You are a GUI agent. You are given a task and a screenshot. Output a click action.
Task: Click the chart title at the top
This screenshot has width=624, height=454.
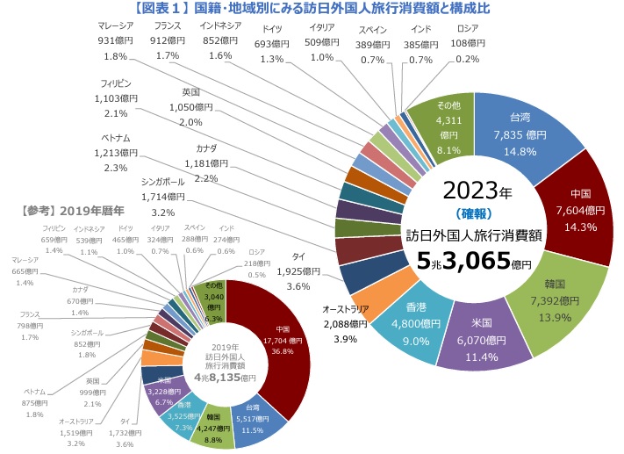(312, 10)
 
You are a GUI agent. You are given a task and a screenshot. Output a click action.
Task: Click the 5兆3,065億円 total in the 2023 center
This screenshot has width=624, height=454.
(474, 260)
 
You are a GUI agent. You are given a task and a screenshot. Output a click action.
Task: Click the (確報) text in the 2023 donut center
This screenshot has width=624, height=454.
(475, 213)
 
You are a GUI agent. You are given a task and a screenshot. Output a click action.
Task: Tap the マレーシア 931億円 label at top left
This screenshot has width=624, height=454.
(115, 40)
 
